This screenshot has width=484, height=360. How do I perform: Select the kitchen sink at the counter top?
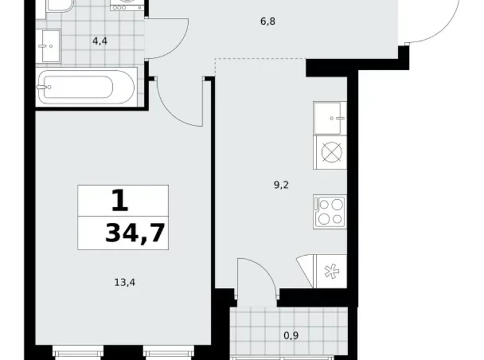331,118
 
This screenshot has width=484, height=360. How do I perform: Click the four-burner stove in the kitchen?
330,210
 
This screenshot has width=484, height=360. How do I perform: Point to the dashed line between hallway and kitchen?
261,60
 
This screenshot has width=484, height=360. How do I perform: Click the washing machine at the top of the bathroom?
128,4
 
